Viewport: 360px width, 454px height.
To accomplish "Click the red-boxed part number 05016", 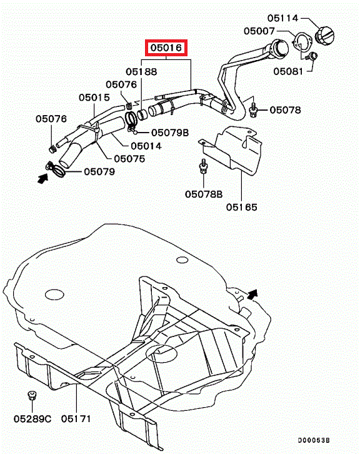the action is tap(166, 48).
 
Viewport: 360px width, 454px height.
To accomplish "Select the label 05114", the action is tap(282, 18).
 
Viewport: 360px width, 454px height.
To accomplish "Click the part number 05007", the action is tap(259, 31).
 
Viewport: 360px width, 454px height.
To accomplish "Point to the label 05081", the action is tap(288, 71).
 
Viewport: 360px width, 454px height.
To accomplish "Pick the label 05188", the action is tap(141, 71).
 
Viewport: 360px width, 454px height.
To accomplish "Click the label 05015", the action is tap(94, 98).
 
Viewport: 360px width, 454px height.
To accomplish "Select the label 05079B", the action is tap(170, 133).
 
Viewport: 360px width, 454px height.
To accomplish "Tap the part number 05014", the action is tap(146, 146).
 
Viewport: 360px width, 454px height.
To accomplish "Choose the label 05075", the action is tap(129, 159).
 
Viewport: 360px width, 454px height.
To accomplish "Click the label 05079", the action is tap(99, 172).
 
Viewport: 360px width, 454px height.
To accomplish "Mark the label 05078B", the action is tap(204, 194).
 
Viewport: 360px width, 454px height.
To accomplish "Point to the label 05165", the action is tap(242, 207).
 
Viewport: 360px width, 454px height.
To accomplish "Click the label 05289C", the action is tap(32, 419).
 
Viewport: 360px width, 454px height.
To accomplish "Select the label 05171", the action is tap(76, 419).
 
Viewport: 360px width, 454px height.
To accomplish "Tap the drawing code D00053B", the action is tap(314, 440).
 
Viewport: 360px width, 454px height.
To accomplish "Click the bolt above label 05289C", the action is tap(31, 395).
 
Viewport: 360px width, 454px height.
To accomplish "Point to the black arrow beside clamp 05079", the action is tap(43, 178).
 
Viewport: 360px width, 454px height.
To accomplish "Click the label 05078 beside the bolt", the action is tap(285, 110).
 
